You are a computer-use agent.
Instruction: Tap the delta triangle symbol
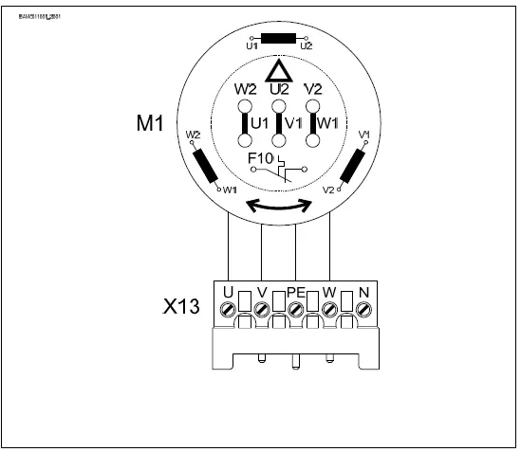click(277, 71)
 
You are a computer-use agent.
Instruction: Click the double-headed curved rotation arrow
click(277, 205)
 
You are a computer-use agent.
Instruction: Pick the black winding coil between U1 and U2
click(277, 39)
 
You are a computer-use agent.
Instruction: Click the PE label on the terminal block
click(295, 292)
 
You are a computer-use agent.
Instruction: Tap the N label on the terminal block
click(362, 292)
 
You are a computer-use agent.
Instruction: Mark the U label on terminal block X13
click(229, 292)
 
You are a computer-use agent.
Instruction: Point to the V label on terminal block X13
click(261, 292)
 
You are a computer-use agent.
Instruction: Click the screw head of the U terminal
click(229, 309)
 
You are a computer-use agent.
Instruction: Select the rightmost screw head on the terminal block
click(363, 309)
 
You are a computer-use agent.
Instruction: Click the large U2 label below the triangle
click(279, 90)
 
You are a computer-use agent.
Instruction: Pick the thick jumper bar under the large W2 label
click(244, 122)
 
